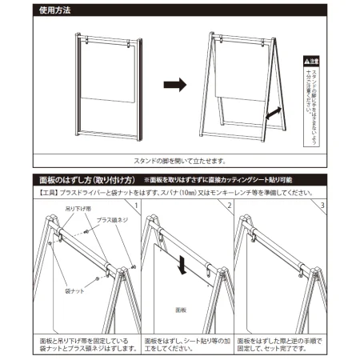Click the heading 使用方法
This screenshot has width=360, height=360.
click(x=55, y=10)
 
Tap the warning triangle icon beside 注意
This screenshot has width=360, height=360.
click(x=306, y=62)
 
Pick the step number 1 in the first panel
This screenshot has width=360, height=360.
click(x=136, y=207)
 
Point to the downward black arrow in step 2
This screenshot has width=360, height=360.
click(x=184, y=263)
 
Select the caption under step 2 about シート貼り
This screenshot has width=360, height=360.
click(x=186, y=344)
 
